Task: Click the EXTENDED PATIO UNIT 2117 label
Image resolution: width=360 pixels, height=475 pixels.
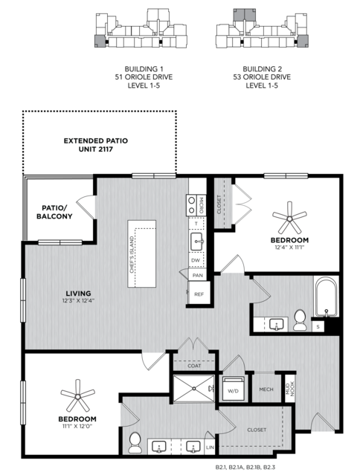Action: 96,145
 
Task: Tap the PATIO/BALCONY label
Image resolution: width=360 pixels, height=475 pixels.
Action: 54,212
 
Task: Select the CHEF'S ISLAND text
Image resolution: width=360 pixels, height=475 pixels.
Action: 132,254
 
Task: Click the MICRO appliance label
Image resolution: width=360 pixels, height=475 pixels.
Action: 202,205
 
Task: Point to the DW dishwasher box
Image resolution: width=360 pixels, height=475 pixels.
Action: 196,260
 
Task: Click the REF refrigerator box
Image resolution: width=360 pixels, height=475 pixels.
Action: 199,293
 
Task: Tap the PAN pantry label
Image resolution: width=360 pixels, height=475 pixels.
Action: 198,275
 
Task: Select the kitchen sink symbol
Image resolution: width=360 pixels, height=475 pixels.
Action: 197,242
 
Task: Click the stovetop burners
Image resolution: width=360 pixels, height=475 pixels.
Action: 192,205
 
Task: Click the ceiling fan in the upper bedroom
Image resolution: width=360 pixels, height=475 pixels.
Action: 289,218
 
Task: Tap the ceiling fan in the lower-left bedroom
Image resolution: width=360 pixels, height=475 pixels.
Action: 78,396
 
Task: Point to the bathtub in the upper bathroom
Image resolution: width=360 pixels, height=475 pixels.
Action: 326,297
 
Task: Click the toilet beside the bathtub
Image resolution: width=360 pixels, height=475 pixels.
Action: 300,320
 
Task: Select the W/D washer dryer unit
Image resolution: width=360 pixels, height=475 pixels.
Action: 233,389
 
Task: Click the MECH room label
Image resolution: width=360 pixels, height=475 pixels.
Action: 266,390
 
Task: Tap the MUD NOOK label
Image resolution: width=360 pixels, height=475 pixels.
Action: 290,389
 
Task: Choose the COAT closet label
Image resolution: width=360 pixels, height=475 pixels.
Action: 194,366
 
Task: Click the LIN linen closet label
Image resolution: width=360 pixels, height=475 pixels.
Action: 210,447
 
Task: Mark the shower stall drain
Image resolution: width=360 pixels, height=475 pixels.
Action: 194,388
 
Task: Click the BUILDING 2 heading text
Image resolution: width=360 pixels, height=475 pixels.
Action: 262,69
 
